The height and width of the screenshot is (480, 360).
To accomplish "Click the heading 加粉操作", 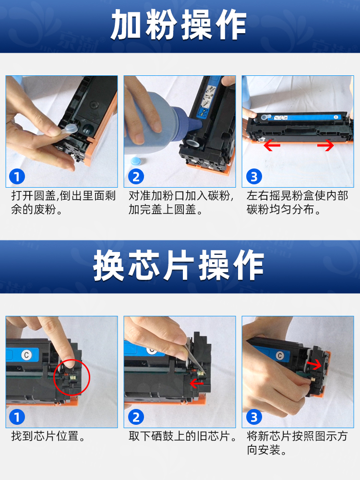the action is pyautogui.click(x=179, y=24).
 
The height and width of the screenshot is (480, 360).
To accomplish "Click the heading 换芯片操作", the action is pyautogui.click(x=179, y=265).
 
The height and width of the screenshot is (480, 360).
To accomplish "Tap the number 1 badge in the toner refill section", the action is pyautogui.click(x=17, y=177).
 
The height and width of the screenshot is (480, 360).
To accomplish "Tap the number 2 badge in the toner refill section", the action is pyautogui.click(x=136, y=177).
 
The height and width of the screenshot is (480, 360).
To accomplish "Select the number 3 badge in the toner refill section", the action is pyautogui.click(x=254, y=177).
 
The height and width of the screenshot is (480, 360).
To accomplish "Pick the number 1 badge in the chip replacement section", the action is pyautogui.click(x=17, y=417).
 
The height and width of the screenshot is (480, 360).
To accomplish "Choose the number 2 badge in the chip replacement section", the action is pyautogui.click(x=136, y=417).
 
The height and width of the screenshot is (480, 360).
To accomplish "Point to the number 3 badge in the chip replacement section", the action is pyautogui.click(x=254, y=417).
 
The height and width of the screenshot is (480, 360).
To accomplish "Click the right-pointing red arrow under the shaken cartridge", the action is pyautogui.click(x=325, y=145).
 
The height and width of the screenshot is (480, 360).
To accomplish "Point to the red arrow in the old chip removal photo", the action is pyautogui.click(x=196, y=383).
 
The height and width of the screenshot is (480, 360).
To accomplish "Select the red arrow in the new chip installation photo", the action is pyautogui.click(x=314, y=364).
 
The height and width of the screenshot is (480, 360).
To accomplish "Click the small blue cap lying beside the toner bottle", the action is pyautogui.click(x=135, y=161).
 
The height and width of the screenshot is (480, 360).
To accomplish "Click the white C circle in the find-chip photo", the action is pyautogui.click(x=26, y=355).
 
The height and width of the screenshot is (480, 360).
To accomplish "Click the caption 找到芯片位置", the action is pyautogui.click(x=49, y=436).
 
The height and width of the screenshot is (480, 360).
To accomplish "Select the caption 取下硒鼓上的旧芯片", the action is pyautogui.click(x=183, y=436).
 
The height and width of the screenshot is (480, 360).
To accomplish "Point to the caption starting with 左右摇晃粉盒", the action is pyautogui.click(x=298, y=203).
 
